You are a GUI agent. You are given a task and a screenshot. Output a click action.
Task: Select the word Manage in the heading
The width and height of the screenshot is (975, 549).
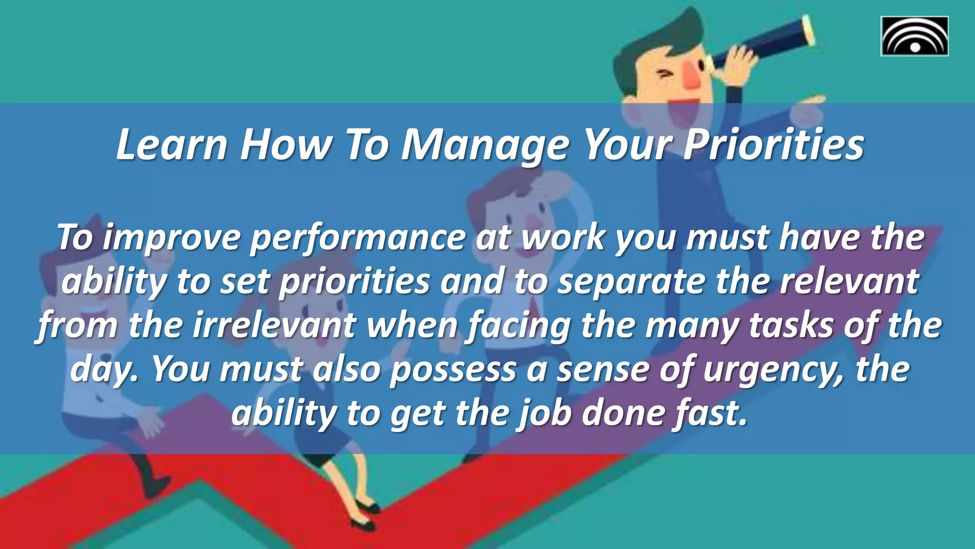pos(485,145)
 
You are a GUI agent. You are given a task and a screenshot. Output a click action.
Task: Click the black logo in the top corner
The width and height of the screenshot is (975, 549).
pos(914,36)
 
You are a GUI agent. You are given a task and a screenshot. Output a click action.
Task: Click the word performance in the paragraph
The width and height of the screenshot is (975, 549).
pos(358,238)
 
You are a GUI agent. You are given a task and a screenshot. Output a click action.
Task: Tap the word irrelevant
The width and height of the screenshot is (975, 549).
pos(275,325)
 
